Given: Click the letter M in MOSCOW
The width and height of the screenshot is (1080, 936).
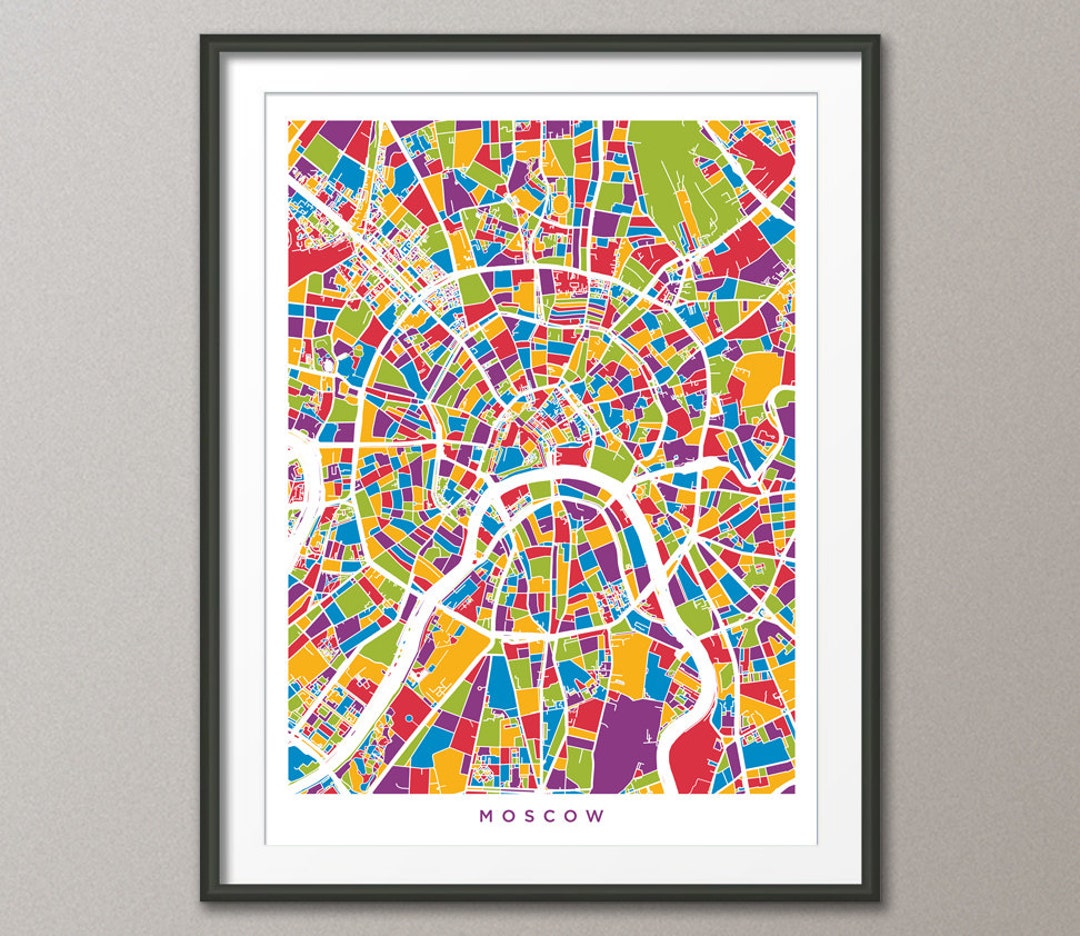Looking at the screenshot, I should coord(486,815).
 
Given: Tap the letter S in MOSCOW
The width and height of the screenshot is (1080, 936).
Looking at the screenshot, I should coord(531,815).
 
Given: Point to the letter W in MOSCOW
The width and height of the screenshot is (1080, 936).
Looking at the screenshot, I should coord(597,815).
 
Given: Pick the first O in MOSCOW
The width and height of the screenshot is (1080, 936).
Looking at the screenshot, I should coord(508,815).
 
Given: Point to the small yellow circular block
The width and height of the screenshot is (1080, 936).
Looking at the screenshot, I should coord(561,206).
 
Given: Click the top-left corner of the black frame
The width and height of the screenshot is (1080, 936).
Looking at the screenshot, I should coord(202,37).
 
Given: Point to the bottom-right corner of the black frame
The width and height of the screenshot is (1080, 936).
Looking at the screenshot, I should coord(878,899).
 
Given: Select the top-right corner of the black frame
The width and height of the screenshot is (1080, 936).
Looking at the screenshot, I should coord(878,37).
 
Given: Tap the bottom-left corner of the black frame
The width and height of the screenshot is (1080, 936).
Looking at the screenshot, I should coord(202,899).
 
